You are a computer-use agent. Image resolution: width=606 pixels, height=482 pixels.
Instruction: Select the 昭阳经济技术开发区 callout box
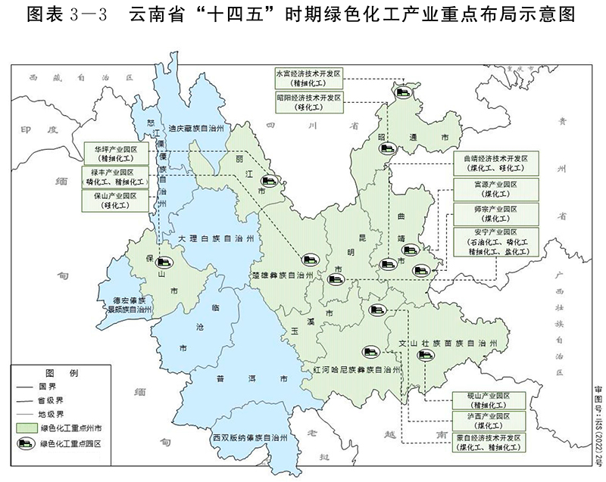click(309, 103)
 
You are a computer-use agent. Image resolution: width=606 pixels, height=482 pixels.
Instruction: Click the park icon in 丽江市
click(268, 181)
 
